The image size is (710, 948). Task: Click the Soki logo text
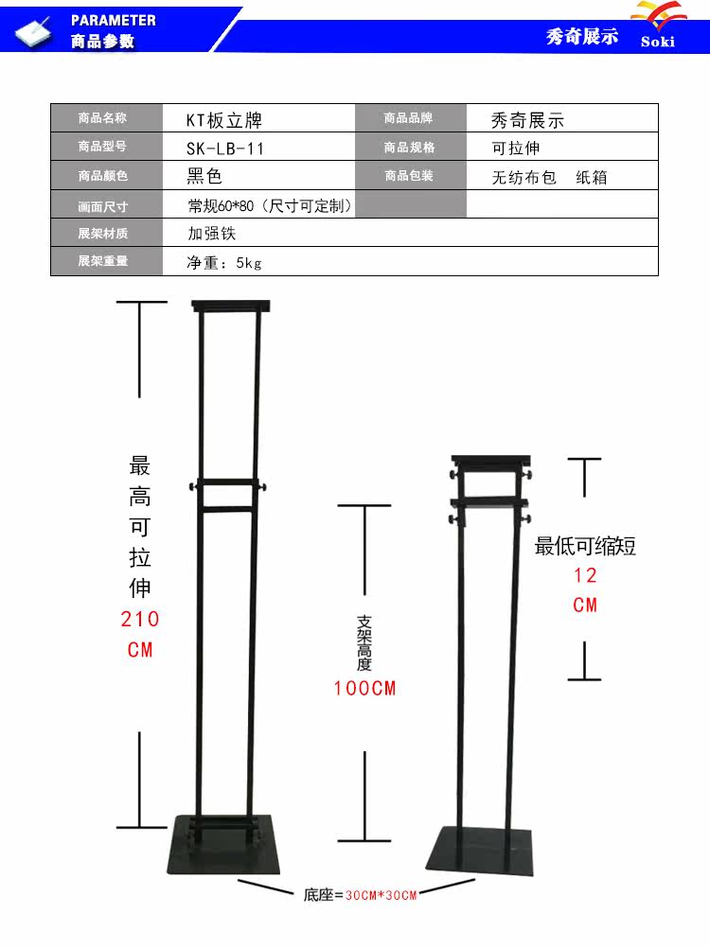[x=657, y=42]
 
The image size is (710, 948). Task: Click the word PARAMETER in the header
[x=113, y=20]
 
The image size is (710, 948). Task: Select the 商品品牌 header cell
[x=408, y=119]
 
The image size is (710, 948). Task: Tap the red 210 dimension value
[x=140, y=620]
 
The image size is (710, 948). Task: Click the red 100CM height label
[x=364, y=689]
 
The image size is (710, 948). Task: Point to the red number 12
[x=585, y=575]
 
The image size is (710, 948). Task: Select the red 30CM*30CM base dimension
[x=381, y=895]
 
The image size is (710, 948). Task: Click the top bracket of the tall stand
[x=231, y=307]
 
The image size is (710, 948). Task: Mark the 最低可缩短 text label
[x=585, y=546]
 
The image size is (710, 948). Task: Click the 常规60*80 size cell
[x=270, y=205]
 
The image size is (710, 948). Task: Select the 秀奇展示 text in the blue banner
[x=581, y=37]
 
